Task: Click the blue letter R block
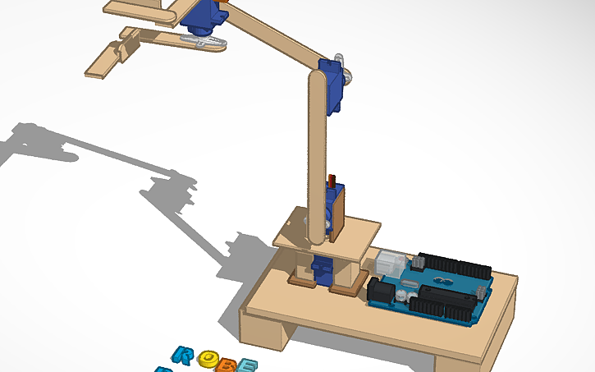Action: point(185,356)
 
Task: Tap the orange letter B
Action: point(226,362)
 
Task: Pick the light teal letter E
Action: point(246,365)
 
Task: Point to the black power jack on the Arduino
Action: point(380,292)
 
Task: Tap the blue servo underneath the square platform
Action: point(322,269)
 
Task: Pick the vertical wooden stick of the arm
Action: point(317,156)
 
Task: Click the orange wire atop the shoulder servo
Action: point(332,181)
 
